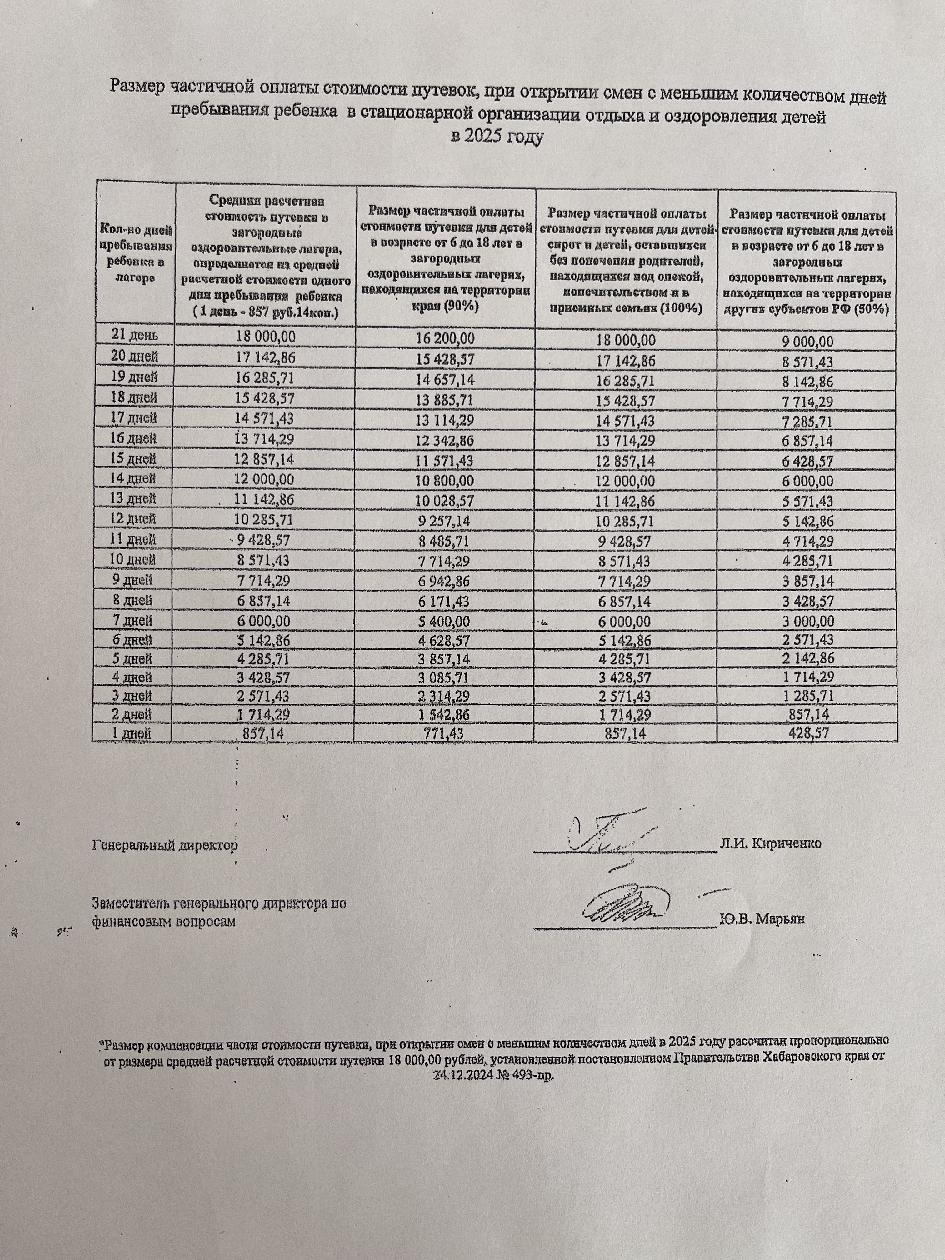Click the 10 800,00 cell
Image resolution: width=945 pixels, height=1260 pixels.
[445, 481]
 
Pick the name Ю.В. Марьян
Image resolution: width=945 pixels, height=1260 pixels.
[762, 919]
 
